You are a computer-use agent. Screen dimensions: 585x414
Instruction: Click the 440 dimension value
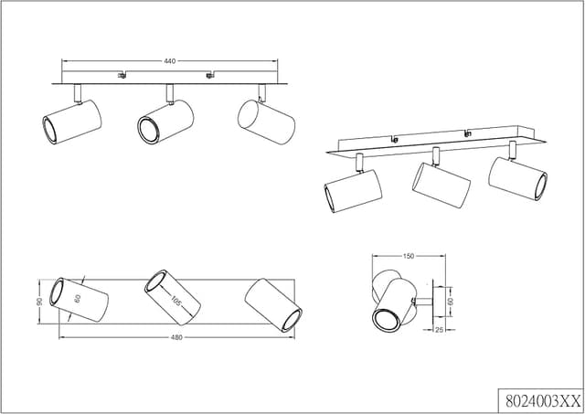point(170,61)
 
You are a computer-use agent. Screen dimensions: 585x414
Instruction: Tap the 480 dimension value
point(176,338)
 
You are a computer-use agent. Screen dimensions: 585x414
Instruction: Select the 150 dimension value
point(409,256)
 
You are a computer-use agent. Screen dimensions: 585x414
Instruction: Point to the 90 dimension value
point(39,302)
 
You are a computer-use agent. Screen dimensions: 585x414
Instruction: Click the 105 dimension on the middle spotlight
point(176,301)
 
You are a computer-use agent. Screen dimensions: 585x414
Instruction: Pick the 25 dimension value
point(440,330)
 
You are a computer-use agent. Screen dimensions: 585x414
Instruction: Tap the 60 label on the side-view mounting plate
point(451,302)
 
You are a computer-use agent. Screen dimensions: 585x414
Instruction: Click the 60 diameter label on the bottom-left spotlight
point(78,298)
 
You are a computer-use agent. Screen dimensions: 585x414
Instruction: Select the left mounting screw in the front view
point(122,75)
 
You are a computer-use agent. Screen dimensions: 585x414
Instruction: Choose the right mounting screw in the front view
point(210,75)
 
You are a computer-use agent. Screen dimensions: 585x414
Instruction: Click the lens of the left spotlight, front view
point(49,130)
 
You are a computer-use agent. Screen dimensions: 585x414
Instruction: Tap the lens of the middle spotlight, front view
point(148,130)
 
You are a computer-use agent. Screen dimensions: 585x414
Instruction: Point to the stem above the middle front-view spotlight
point(170,93)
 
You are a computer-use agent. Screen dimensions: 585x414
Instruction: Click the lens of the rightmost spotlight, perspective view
point(541,186)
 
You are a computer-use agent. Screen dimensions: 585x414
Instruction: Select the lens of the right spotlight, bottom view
point(292,321)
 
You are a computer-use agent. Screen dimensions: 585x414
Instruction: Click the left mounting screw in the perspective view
point(394,140)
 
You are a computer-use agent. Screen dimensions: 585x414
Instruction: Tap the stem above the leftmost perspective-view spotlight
point(359,163)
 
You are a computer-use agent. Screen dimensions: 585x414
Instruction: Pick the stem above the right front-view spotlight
point(262,93)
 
